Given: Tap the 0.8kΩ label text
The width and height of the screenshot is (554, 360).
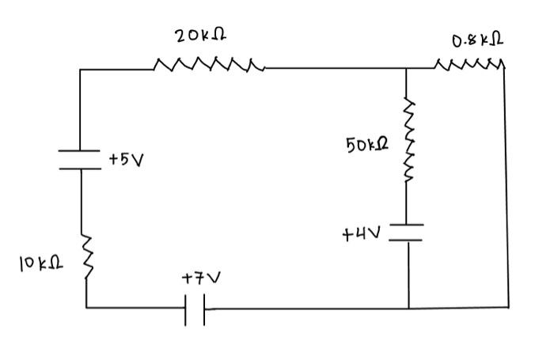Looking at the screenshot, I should [x=478, y=40].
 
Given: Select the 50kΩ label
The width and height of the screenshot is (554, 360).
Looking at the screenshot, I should [x=368, y=146].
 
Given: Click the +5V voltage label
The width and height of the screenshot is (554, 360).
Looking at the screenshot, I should [x=126, y=160].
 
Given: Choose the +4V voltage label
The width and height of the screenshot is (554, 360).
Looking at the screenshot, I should [x=362, y=234].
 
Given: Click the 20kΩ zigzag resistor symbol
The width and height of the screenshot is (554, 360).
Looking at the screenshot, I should [x=209, y=63].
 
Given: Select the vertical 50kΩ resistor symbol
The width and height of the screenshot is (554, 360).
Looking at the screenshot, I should [x=409, y=140].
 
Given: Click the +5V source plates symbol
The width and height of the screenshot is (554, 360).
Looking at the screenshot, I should [x=81, y=160].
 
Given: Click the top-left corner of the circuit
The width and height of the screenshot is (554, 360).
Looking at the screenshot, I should [x=81, y=70].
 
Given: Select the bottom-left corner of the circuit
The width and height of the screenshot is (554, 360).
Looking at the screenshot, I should [x=86, y=307].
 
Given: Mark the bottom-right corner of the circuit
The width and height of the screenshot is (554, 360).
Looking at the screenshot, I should [x=508, y=306].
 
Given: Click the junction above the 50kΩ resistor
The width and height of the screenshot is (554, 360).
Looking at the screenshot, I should [x=407, y=69].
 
